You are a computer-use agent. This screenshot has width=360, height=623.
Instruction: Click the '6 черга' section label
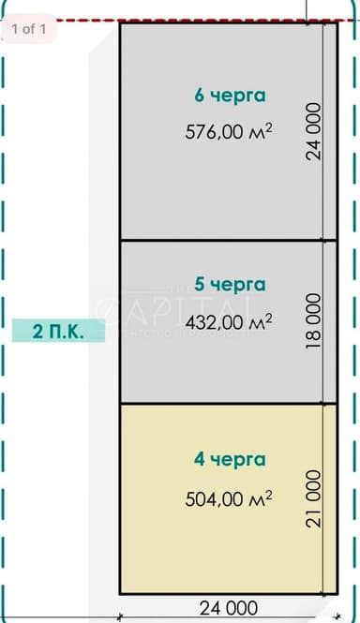[230, 95]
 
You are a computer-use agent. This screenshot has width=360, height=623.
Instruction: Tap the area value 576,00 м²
[229, 132]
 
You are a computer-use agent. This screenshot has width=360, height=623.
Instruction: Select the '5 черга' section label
[230, 284]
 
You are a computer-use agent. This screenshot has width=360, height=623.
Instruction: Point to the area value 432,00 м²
[229, 321]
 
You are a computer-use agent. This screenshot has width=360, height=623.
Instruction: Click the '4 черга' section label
[230, 460]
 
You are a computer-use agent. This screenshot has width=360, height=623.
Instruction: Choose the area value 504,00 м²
[229, 497]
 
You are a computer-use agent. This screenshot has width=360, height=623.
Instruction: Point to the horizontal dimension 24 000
[230, 607]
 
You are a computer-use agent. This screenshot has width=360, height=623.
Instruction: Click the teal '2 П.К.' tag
[58, 331]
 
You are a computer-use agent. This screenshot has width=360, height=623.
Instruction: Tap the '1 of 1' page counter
[29, 29]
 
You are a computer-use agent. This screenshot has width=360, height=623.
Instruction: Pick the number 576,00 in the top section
[215, 132]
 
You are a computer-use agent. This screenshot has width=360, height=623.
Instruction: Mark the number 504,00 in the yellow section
[215, 498]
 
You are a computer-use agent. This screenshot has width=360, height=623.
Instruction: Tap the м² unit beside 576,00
[260, 131]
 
